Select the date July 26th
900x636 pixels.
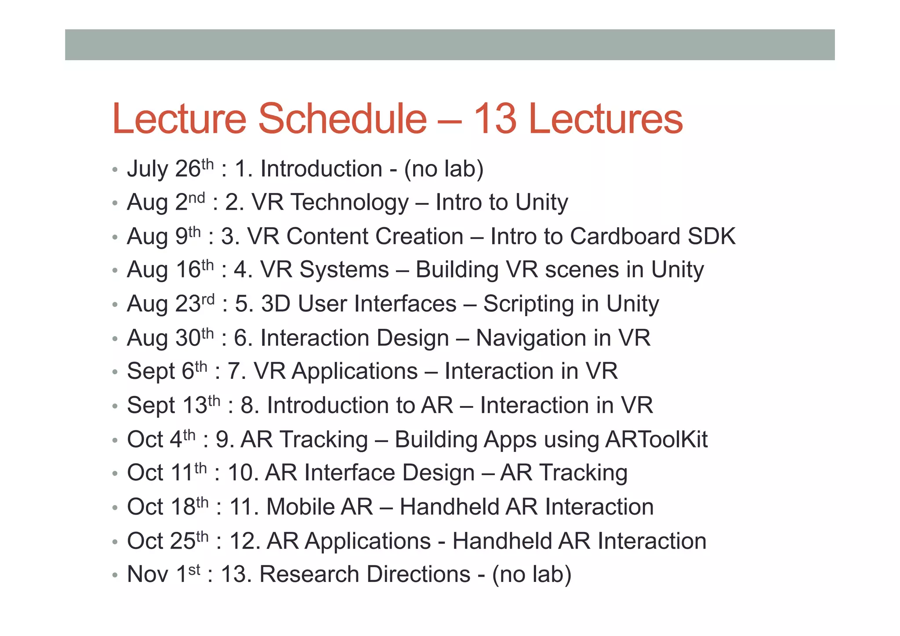pos(170,169)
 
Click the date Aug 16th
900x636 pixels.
pos(170,269)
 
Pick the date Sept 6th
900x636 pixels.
pos(167,371)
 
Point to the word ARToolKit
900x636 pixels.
pos(656,440)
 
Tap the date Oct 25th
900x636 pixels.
pos(167,541)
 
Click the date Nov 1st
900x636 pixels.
pos(163,574)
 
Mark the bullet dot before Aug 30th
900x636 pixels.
pos(115,339)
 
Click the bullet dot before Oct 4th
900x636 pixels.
pos(115,440)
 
